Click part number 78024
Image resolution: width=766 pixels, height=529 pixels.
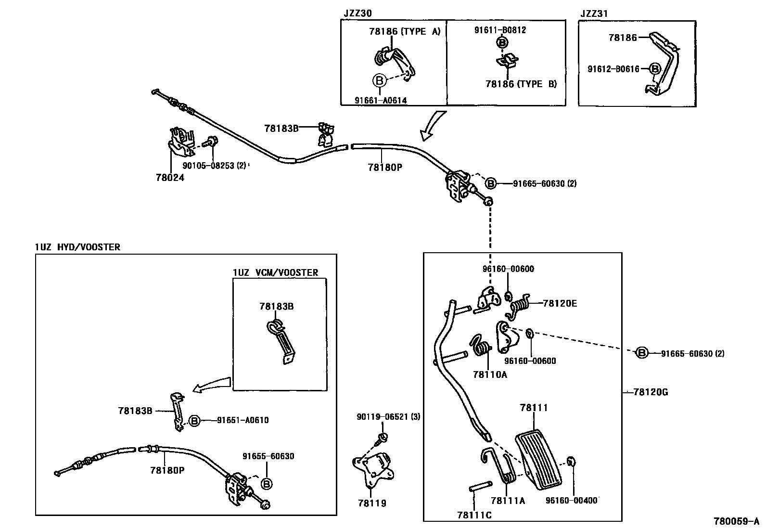pyautogui.click(x=170, y=178)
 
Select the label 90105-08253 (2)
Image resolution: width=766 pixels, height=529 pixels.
pyautogui.click(x=214, y=166)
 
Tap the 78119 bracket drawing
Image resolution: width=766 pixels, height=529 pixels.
pyautogui.click(x=373, y=469)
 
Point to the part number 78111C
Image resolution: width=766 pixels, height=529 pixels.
pyautogui.click(x=474, y=515)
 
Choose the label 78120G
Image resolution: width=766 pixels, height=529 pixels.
pyautogui.click(x=651, y=392)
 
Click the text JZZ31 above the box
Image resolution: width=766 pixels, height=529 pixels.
pyautogui.click(x=594, y=13)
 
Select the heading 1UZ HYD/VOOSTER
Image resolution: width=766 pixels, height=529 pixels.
pyautogui.click(x=77, y=247)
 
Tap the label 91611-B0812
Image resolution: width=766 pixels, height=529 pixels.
pyautogui.click(x=500, y=30)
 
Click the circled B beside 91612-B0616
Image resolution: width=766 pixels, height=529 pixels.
pyautogui.click(x=655, y=69)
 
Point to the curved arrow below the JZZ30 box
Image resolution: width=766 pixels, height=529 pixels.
pyautogui.click(x=432, y=125)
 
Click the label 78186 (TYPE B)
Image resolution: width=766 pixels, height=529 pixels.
pyautogui.click(x=521, y=84)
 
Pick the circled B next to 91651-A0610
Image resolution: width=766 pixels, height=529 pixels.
pyautogui.click(x=194, y=420)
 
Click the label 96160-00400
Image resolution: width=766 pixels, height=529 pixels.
pyautogui.click(x=572, y=500)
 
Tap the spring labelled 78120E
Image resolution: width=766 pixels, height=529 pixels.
pyautogui.click(x=518, y=305)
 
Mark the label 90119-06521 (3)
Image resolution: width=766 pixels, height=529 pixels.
pyautogui.click(x=388, y=417)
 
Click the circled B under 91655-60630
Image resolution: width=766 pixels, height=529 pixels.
pyautogui.click(x=267, y=484)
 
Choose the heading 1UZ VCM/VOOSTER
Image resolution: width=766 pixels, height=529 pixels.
pyautogui.click(x=276, y=272)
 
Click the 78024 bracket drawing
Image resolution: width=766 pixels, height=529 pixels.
pyautogui.click(x=182, y=142)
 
